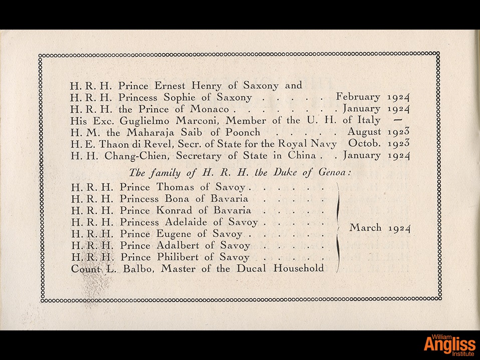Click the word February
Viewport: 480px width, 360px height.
point(358,97)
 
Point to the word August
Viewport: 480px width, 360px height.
point(364,132)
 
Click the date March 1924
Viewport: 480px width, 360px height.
point(380,228)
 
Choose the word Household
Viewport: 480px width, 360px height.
point(299,268)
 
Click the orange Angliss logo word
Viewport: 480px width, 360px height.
point(449,344)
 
